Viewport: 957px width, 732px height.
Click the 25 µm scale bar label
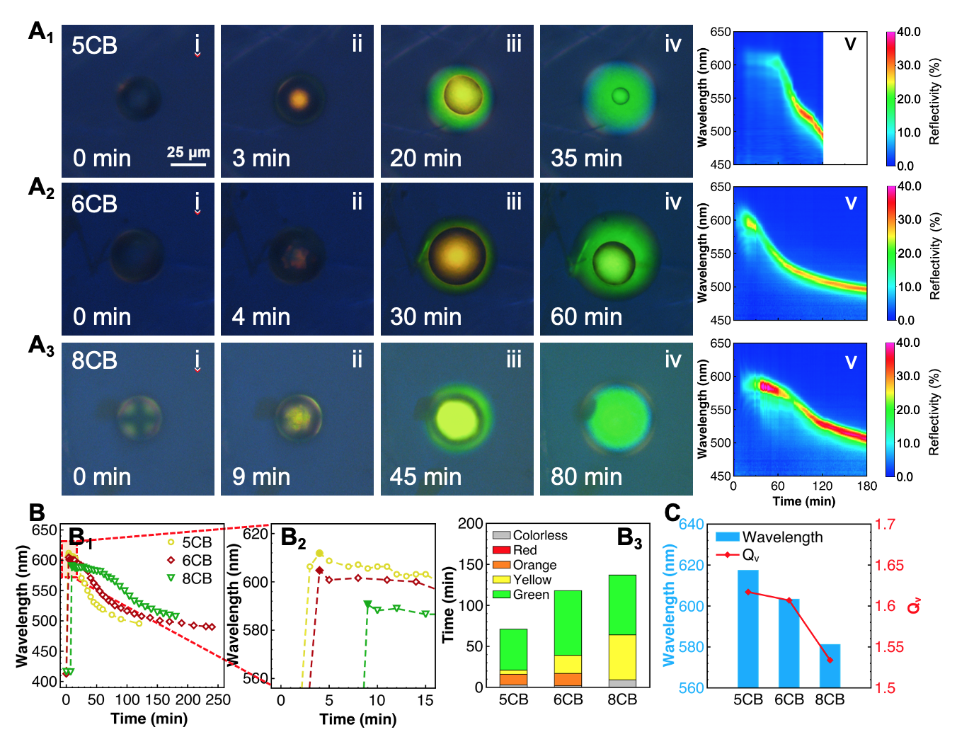click(188, 152)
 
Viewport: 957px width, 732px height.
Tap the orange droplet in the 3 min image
click(299, 98)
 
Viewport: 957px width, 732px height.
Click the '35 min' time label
click(586, 158)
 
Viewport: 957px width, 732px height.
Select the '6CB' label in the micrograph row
click(94, 205)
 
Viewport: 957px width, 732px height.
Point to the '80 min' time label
click(586, 476)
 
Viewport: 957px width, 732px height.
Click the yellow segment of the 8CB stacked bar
click(622, 657)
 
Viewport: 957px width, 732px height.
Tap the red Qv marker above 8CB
click(830, 660)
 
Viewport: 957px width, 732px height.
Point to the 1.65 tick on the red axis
click(889, 565)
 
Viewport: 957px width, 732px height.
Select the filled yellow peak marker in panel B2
click(319, 553)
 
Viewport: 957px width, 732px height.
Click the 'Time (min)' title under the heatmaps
click(803, 501)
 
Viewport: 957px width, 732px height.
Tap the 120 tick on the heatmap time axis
click(822, 486)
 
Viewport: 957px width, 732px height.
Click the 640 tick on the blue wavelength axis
click(692, 525)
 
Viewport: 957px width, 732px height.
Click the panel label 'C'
click(672, 512)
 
